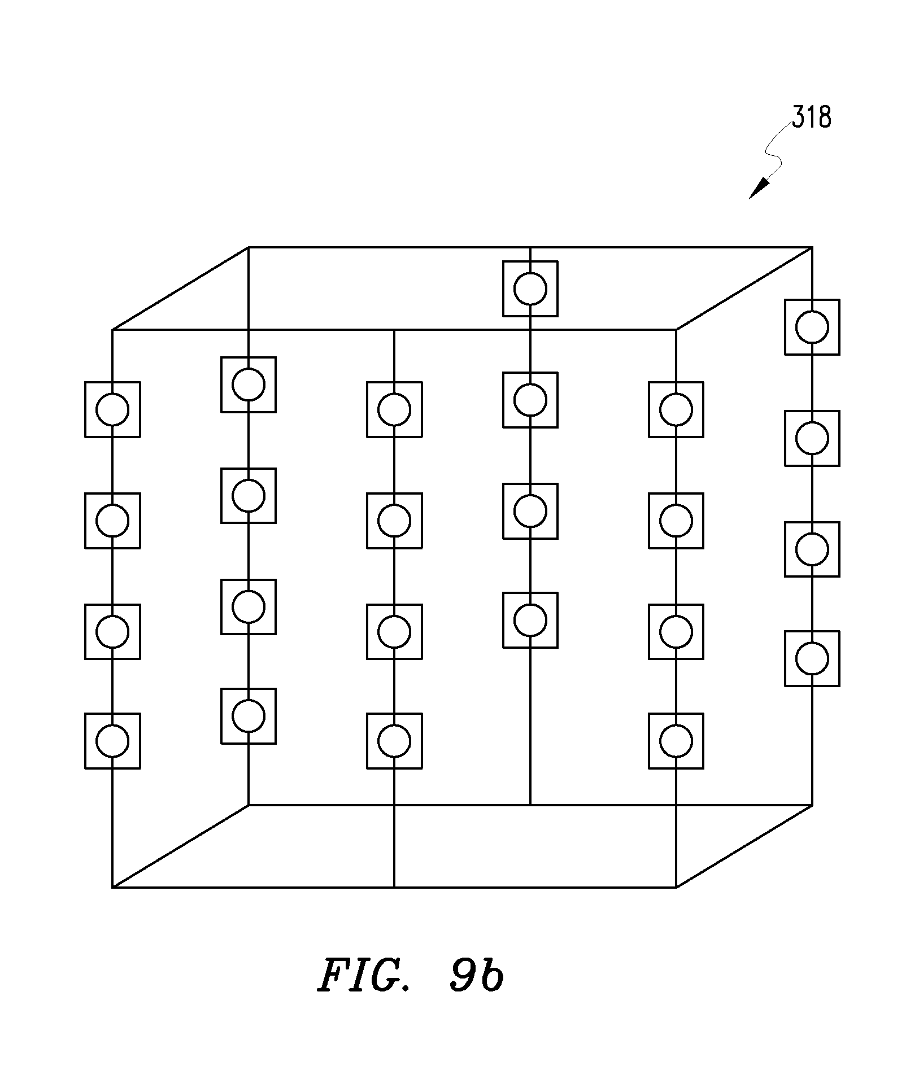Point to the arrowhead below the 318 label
pos(759,188)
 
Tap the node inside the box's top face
pos(530,289)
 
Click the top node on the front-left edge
pos(112,409)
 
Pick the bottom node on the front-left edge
pos(112,741)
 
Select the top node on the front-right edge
pos(676,409)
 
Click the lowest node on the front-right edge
pos(676,741)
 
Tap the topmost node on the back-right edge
pos(812,327)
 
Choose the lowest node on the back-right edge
pos(812,658)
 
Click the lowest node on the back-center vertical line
pos(530,620)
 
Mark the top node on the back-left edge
pos(249,385)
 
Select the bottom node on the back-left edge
pos(249,716)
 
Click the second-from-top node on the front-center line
pos(394,521)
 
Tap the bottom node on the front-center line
pos(394,741)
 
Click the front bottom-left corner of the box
pos(112,887)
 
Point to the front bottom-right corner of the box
pos(676,887)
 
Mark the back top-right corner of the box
pos(812,247)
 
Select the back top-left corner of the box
pos(249,247)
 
